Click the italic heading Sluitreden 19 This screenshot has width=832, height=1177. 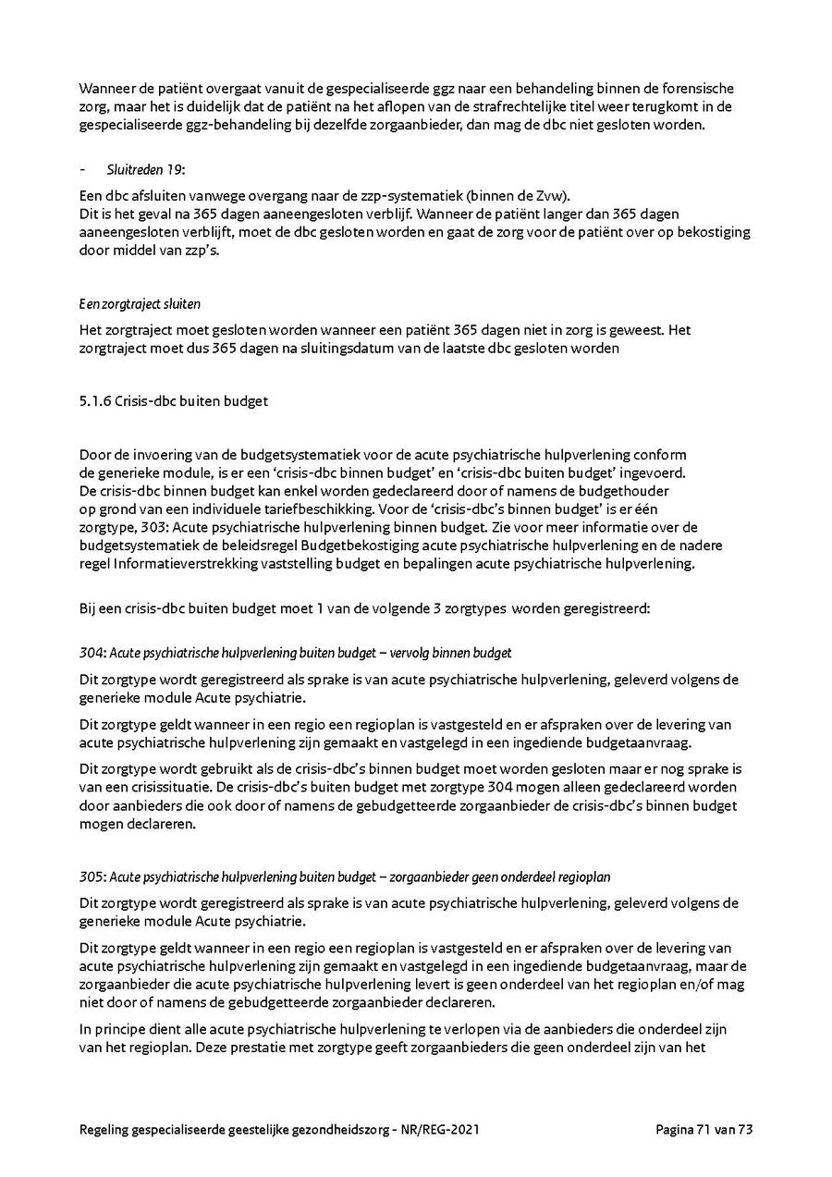pyautogui.click(x=146, y=169)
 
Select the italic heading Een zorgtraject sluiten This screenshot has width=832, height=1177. pyautogui.click(x=140, y=303)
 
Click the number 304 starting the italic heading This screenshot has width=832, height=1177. pyautogui.click(x=91, y=653)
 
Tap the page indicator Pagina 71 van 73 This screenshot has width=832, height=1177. pyautogui.click(x=705, y=1130)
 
